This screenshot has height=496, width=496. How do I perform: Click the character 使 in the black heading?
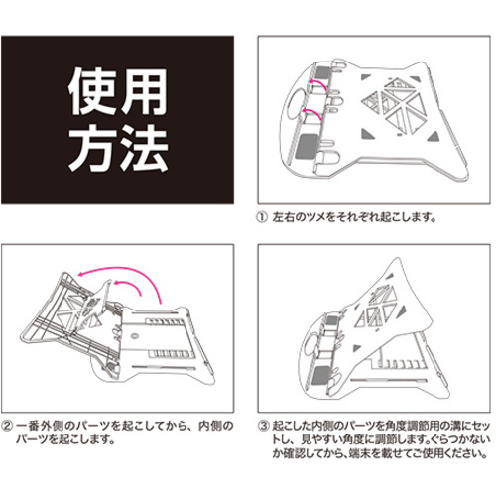(92, 91)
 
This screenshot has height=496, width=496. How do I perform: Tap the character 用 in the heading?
(143, 91)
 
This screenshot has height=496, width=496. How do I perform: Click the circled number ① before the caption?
(262, 217)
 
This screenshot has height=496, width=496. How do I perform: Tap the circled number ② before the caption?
(7, 426)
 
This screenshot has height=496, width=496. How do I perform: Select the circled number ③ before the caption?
(263, 426)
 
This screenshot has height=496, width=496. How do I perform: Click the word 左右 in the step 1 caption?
(284, 217)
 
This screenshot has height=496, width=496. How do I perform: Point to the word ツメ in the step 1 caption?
(315, 217)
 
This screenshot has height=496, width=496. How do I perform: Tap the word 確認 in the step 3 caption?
(294, 453)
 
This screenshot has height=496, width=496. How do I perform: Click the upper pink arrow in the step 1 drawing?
(317, 84)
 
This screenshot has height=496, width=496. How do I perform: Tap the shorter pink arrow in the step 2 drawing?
(131, 284)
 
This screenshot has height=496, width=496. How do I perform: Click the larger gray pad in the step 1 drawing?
(309, 147)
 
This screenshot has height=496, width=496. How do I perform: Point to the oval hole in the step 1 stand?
(295, 104)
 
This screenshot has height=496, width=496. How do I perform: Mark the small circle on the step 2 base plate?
(134, 336)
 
